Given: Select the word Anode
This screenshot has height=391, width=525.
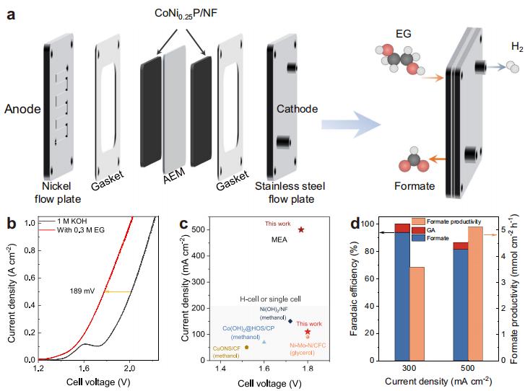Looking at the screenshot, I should (22, 109).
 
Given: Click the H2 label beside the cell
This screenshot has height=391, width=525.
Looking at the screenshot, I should (516, 47).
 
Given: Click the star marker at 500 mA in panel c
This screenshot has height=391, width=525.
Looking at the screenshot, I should (301, 229).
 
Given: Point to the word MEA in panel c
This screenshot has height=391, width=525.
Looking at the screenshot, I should (279, 240).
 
